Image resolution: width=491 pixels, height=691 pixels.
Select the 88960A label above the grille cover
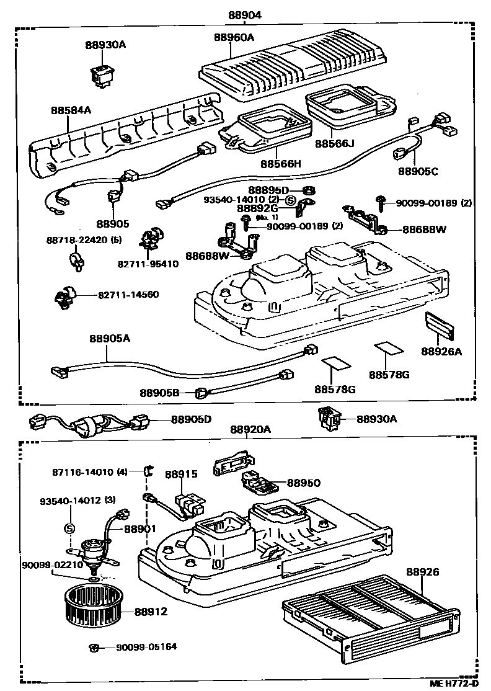pyautogui.click(x=234, y=37)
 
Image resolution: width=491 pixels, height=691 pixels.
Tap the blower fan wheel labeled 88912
pyautogui.click(x=94, y=605)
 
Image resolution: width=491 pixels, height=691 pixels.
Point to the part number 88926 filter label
pyautogui.click(x=423, y=571)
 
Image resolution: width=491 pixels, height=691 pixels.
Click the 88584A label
pyautogui.click(x=71, y=111)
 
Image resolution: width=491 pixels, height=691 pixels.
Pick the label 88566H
pyautogui.click(x=280, y=164)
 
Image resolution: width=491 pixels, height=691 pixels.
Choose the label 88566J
pyautogui.click(x=334, y=144)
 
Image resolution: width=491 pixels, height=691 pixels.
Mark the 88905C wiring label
pyautogui.click(x=418, y=171)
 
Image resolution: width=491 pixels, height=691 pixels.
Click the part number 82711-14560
pyautogui.click(x=128, y=295)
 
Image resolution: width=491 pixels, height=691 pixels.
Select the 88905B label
pyautogui.click(x=159, y=393)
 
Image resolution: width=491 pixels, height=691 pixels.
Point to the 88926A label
pyautogui.click(x=441, y=351)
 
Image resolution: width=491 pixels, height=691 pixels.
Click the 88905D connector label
pyautogui.click(x=191, y=420)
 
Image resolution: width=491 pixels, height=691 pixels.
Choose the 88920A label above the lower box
pyautogui.click(x=250, y=429)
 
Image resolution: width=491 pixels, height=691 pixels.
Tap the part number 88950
pyautogui.click(x=303, y=482)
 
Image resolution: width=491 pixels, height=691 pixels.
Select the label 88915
pyautogui.click(x=181, y=474)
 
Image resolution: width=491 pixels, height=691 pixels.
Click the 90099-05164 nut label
pyautogui.click(x=146, y=647)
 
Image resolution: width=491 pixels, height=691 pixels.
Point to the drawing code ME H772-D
pyautogui.click(x=454, y=684)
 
